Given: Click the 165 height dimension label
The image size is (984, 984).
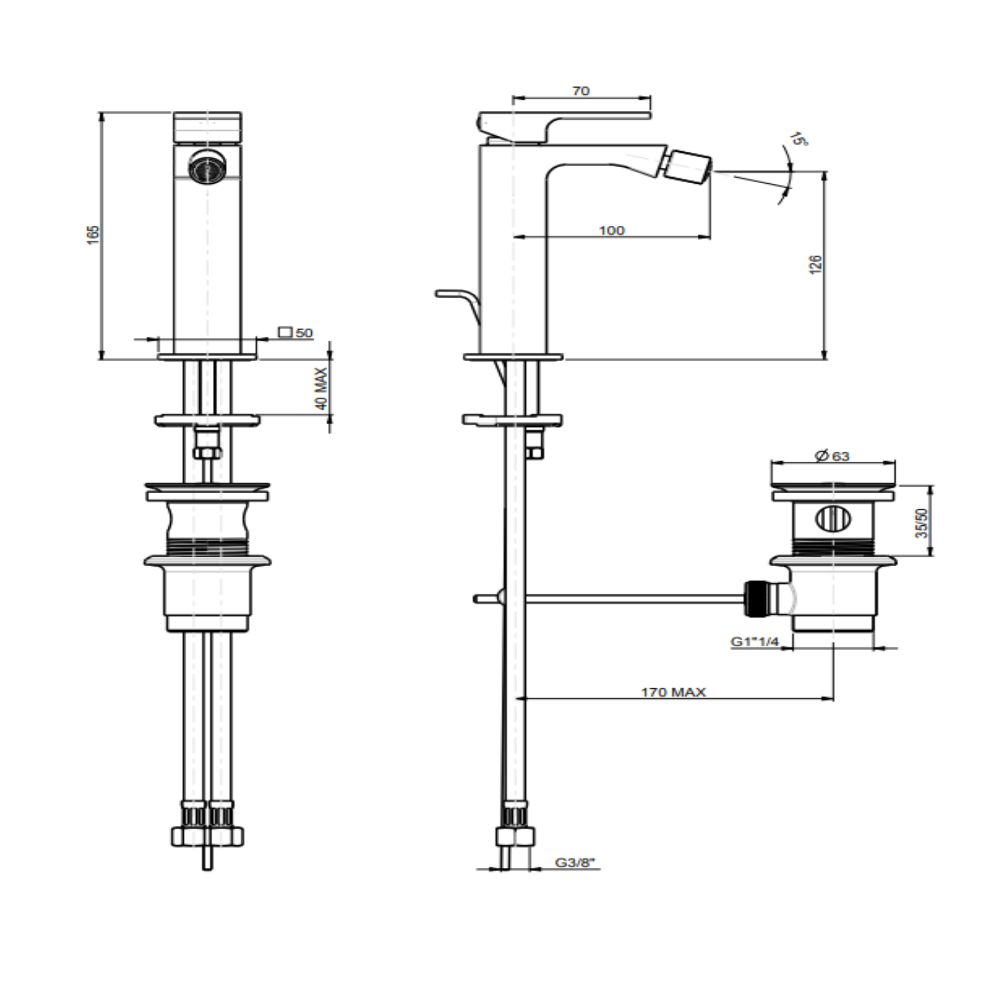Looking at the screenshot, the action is click(x=94, y=235).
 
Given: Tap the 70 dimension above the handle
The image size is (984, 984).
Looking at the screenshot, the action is click(x=581, y=91).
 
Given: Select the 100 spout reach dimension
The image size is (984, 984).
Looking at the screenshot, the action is click(x=612, y=230).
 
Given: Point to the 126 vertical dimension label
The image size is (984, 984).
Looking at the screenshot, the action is click(x=816, y=264).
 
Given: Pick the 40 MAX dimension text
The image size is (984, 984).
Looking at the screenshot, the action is click(x=321, y=389).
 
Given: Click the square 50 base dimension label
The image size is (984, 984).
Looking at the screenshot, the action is click(x=296, y=333).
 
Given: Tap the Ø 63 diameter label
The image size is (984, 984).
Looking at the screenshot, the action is click(x=832, y=456).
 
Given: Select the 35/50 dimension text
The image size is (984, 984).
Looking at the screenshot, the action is click(x=922, y=522).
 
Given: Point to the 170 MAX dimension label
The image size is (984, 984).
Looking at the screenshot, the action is click(x=673, y=692).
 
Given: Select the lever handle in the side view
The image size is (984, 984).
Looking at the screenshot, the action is click(x=565, y=127).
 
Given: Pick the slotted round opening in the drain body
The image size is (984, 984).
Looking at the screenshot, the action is click(x=833, y=519).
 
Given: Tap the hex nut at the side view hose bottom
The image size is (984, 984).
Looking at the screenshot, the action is click(x=515, y=837).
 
